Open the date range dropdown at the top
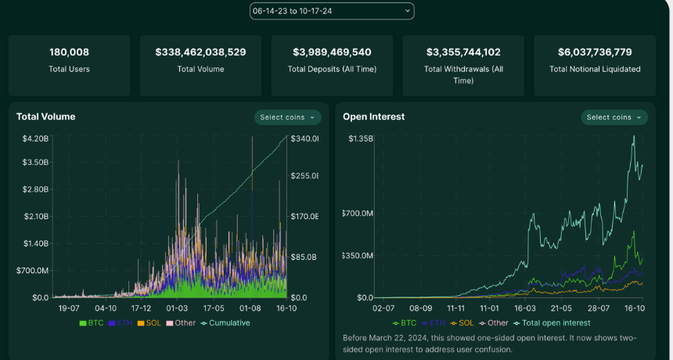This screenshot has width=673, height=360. point(332,11)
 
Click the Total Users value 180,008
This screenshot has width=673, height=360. point(69,52)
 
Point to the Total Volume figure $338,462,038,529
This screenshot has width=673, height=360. point(200,52)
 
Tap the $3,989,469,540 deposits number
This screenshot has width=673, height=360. point(332,52)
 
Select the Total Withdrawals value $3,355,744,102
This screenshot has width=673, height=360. point(463,52)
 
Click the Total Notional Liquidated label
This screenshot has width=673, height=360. point(595,69)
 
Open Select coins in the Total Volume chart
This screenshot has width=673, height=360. point(287,117)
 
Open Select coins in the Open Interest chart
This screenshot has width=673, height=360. point(614,117)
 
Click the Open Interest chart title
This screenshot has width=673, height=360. point(373,117)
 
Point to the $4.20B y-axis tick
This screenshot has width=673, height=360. point(36,139)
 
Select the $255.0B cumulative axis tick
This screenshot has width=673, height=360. point(304,175)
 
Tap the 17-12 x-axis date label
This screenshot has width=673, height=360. point(141,308)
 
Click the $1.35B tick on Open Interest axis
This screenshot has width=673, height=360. point(361,139)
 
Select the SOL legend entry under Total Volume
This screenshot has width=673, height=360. point(149,323)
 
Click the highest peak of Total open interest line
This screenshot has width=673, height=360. point(634,136)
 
